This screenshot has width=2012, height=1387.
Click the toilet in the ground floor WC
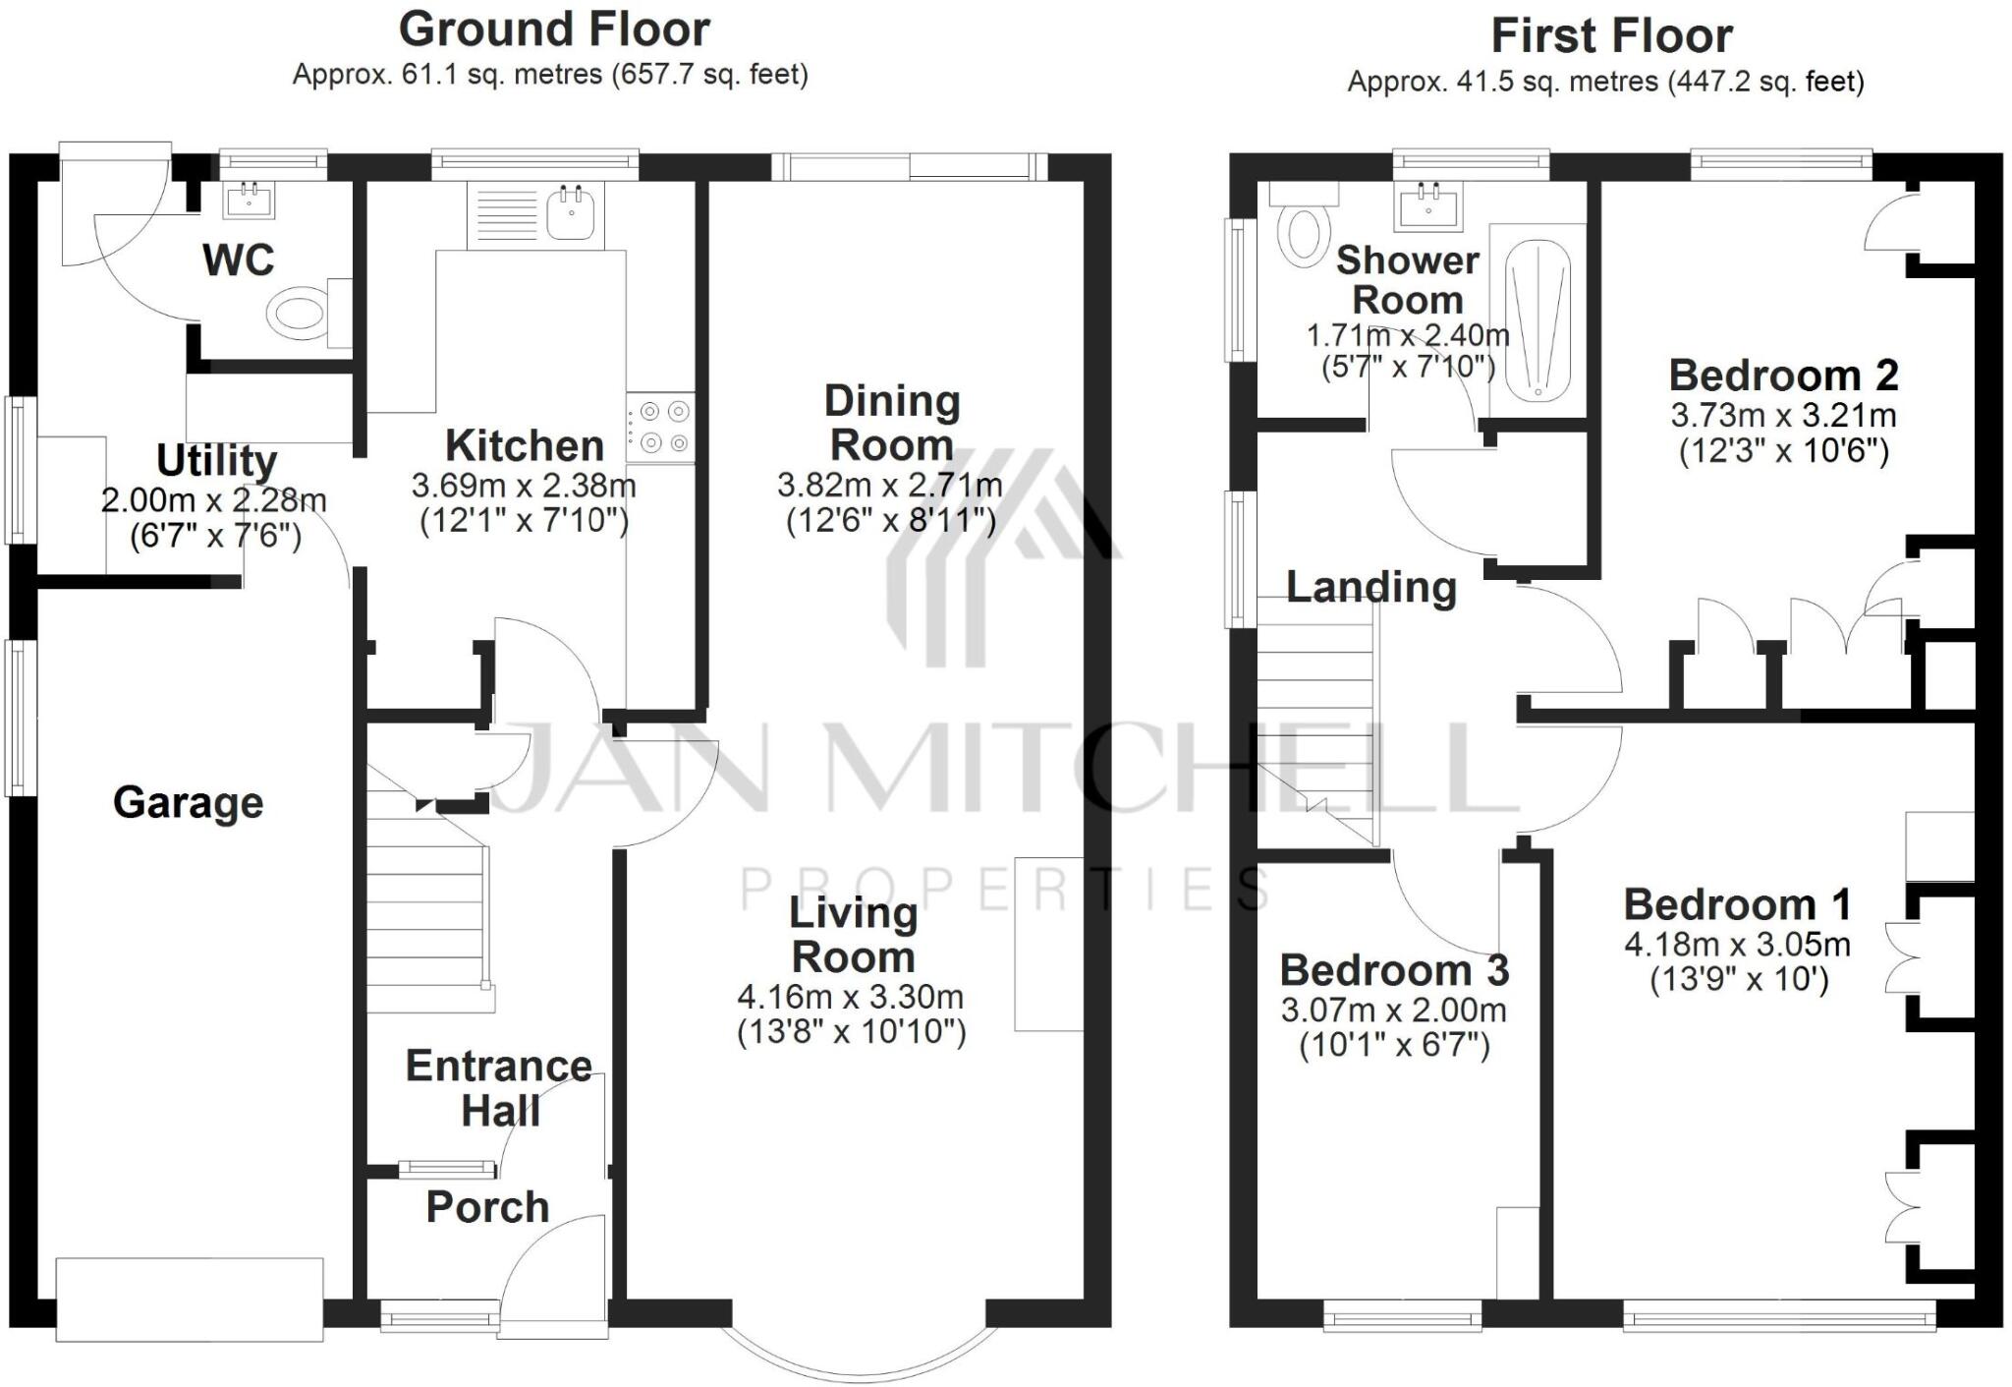click(x=298, y=314)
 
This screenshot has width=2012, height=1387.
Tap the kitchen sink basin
click(x=571, y=213)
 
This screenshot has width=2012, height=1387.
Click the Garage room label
click(x=188, y=803)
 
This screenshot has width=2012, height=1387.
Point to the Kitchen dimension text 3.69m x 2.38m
click(x=524, y=486)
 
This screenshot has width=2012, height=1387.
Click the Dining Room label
click(x=891, y=423)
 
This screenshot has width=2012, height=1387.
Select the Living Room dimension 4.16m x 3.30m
click(x=851, y=997)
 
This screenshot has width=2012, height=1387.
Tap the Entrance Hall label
click(x=499, y=1088)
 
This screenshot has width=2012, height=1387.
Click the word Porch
click(x=487, y=1207)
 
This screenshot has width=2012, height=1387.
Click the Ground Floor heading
click(x=554, y=29)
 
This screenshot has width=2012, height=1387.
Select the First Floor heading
click(x=1611, y=36)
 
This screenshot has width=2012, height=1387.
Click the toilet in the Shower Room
click(x=1303, y=231)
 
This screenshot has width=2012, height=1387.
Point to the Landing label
click(x=1370, y=588)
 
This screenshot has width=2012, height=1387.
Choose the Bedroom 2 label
click(x=1783, y=376)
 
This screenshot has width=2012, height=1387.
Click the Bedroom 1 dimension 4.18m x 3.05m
click(x=1737, y=945)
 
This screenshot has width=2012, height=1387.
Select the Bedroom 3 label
click(x=1394, y=971)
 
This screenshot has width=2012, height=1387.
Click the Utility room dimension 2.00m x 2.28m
click(x=213, y=500)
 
